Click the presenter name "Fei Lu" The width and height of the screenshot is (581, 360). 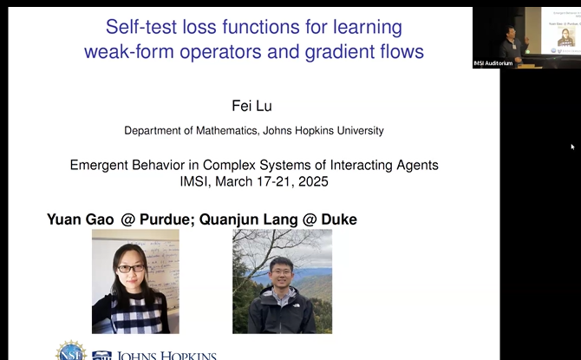click(253, 106)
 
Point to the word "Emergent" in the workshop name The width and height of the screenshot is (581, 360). click(105, 165)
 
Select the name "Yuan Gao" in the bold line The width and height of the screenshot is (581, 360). click(81, 219)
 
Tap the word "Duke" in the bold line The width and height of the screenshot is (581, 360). click(337, 219)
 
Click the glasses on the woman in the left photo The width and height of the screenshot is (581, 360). click(131, 268)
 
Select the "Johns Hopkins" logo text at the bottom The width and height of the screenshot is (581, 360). click(165, 354)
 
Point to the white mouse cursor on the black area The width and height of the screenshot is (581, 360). click(572, 147)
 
